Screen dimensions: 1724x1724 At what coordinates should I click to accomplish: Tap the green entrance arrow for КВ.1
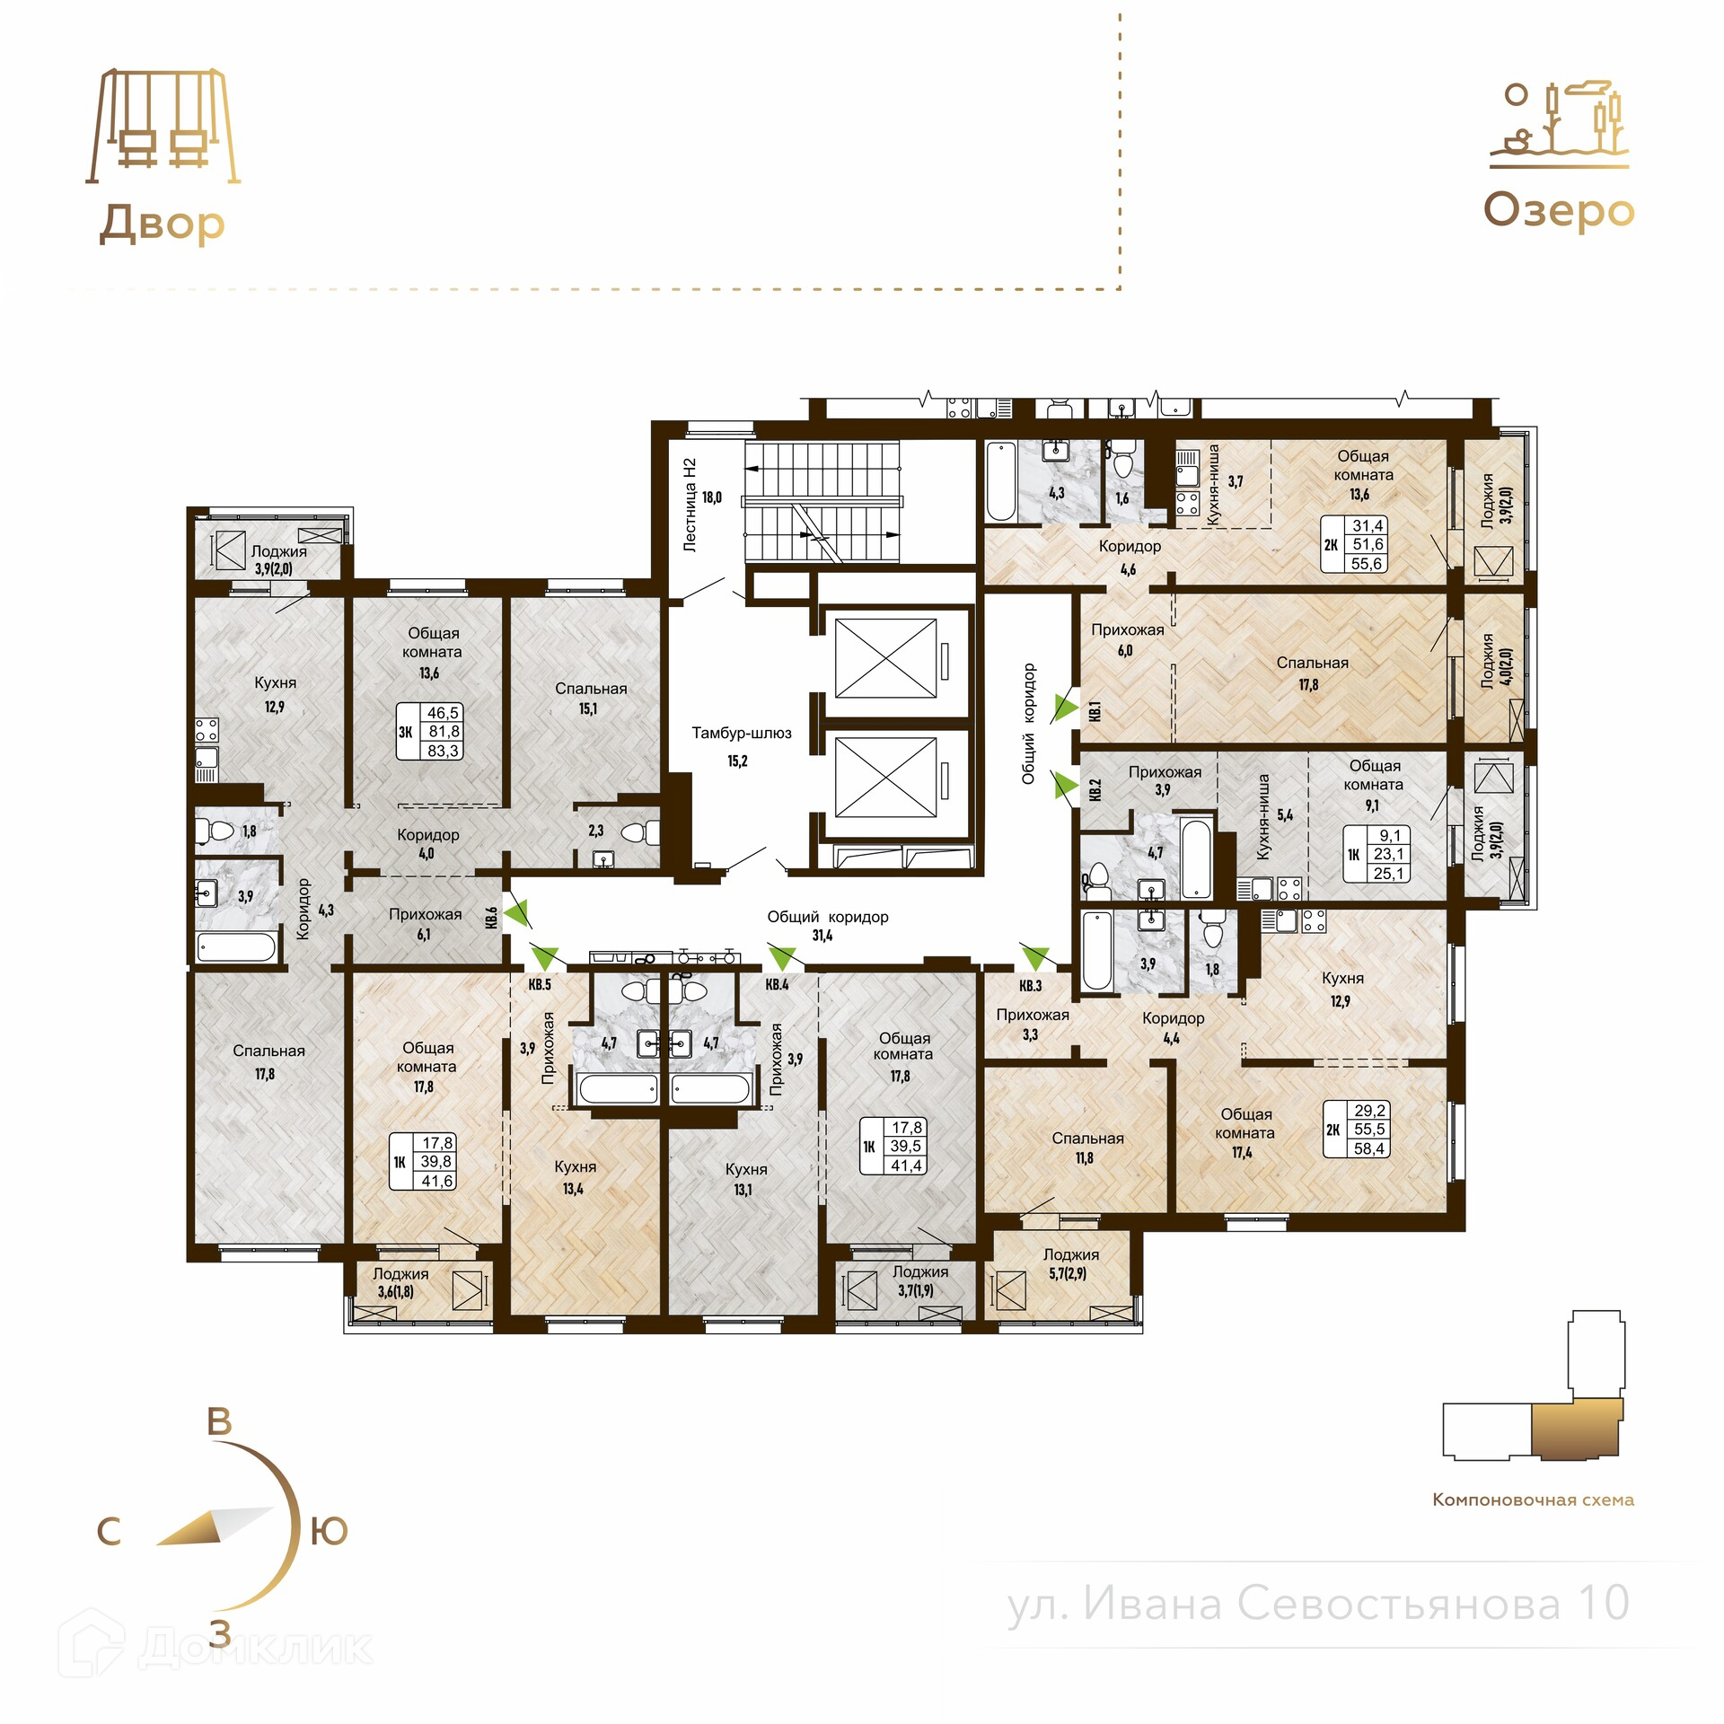point(1066,708)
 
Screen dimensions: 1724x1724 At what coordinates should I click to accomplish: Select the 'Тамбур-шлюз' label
point(742,733)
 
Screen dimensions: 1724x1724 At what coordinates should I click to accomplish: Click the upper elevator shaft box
point(886,658)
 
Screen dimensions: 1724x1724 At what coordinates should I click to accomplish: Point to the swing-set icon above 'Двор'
point(163,126)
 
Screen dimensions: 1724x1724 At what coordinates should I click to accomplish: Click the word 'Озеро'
point(1559,212)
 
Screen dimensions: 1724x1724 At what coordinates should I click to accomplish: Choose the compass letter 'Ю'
point(329,1531)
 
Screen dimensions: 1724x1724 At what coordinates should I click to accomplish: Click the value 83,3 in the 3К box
point(443,751)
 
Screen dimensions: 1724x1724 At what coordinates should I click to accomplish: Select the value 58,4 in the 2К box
point(1369,1148)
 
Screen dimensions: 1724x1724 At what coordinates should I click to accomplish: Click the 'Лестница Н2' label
point(690,505)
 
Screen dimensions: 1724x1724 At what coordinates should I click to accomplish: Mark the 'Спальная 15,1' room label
point(591,698)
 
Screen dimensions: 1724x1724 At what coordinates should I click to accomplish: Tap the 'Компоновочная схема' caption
point(1534,1500)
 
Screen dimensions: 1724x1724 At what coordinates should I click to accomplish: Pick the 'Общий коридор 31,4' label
point(827,925)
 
